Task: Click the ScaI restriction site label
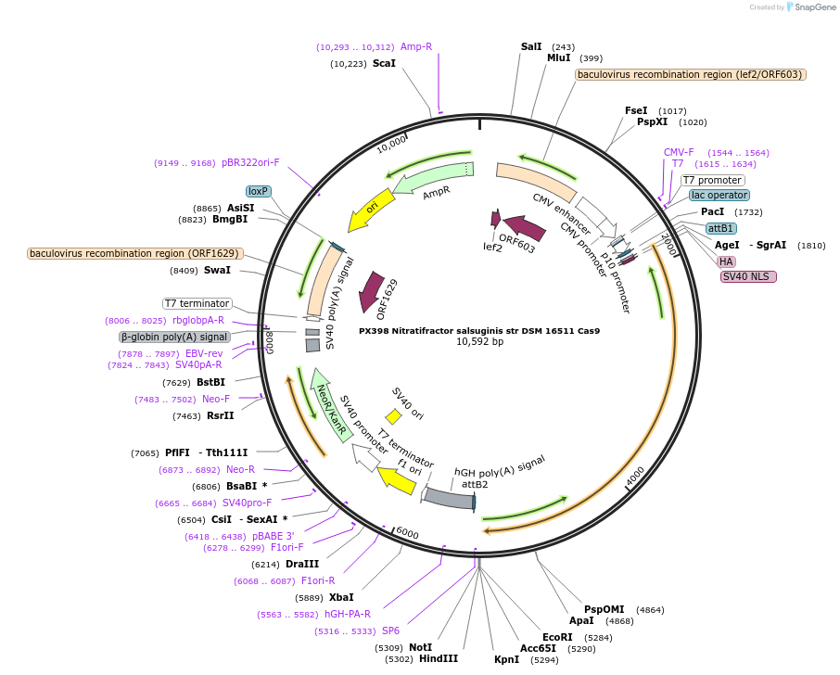pyautogui.click(x=384, y=64)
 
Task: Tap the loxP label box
pyautogui.click(x=258, y=191)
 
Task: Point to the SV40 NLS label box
pyautogui.click(x=748, y=276)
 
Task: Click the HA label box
pyautogui.click(x=727, y=261)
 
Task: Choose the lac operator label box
pyautogui.click(x=719, y=196)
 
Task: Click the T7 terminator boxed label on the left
pyautogui.click(x=197, y=303)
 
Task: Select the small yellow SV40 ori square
pyautogui.click(x=393, y=416)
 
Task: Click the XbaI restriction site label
pyautogui.click(x=341, y=597)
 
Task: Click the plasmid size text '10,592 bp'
pyautogui.click(x=479, y=342)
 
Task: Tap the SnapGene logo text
pyautogui.click(x=813, y=7)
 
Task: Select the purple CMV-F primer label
pyautogui.click(x=679, y=152)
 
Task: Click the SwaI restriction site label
pyautogui.click(x=217, y=271)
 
